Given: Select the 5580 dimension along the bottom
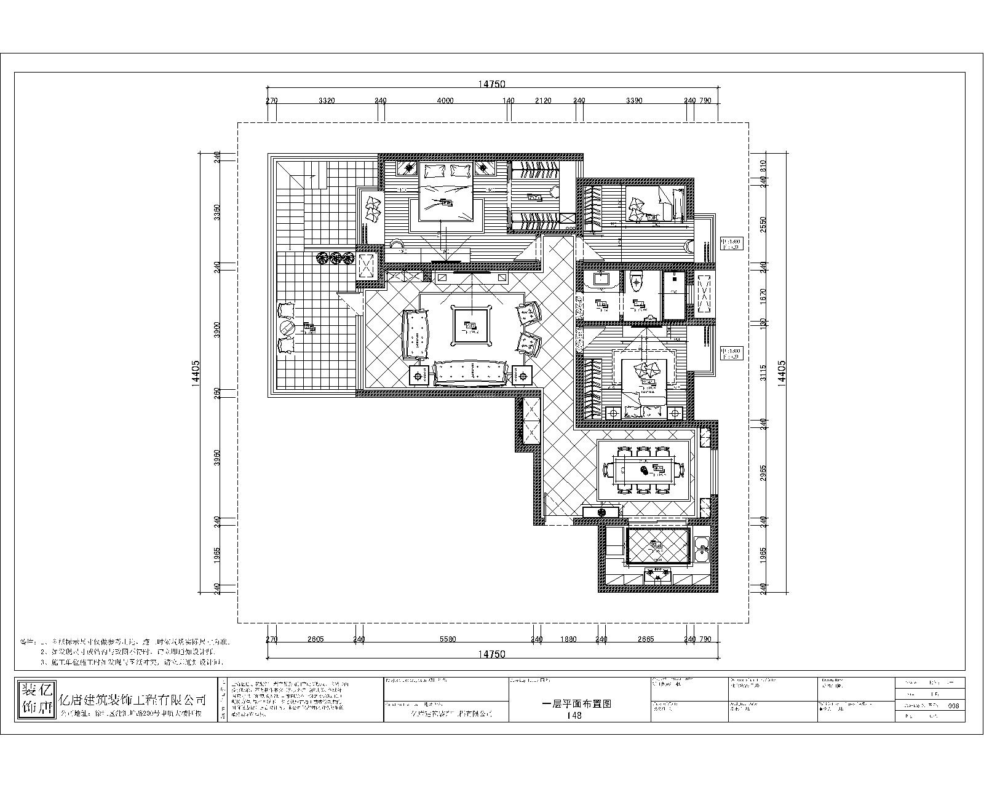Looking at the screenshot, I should [x=448, y=639].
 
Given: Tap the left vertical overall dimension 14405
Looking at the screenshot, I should [x=195, y=372].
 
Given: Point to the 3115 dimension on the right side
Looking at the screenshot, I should [x=763, y=373].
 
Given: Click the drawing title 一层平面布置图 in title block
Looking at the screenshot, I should [x=576, y=704].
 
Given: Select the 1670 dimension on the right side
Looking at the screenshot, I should [x=763, y=294].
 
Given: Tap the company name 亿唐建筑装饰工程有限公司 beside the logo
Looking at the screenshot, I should [x=132, y=700].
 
